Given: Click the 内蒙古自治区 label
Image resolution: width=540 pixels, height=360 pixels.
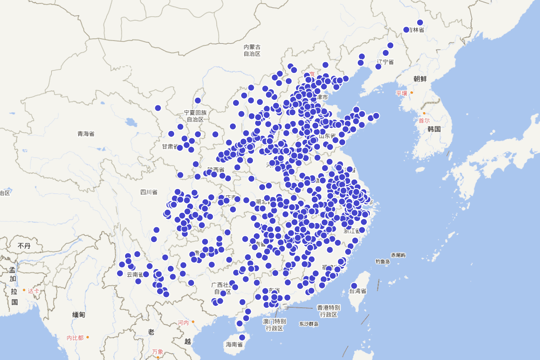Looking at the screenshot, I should [x=252, y=50].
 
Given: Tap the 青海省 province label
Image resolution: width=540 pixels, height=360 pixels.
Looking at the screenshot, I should [x=85, y=134].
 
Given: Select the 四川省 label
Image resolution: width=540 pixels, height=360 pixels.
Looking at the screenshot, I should [x=148, y=192].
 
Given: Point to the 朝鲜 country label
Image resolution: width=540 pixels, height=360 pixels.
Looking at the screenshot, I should [x=420, y=78].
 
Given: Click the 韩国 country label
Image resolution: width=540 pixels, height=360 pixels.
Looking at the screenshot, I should [x=434, y=129].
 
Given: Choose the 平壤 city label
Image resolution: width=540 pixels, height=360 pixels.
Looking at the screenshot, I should [x=401, y=93].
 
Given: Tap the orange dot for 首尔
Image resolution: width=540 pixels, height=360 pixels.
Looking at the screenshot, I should [x=424, y=113].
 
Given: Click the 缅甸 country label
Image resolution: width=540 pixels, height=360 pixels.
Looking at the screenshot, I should [x=79, y=315].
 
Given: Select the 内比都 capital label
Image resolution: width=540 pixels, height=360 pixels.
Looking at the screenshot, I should [x=75, y=337].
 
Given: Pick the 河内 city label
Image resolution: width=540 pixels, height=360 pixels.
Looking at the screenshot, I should [x=183, y=322].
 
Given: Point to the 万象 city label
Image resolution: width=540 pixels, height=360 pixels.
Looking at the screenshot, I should [x=157, y=351].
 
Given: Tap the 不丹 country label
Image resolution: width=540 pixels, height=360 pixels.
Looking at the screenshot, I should [x=24, y=246].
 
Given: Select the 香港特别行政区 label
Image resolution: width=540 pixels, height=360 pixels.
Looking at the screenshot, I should [x=328, y=310].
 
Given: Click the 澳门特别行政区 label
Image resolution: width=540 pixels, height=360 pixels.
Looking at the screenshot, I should [x=274, y=325].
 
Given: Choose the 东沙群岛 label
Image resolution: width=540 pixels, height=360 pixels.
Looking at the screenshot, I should [x=308, y=324].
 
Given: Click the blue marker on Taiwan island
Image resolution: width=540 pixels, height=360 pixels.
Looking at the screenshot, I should [x=354, y=286].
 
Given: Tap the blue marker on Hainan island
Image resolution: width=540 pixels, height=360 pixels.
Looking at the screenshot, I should [x=242, y=337].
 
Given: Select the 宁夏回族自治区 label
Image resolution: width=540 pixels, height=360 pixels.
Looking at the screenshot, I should [x=195, y=116].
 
